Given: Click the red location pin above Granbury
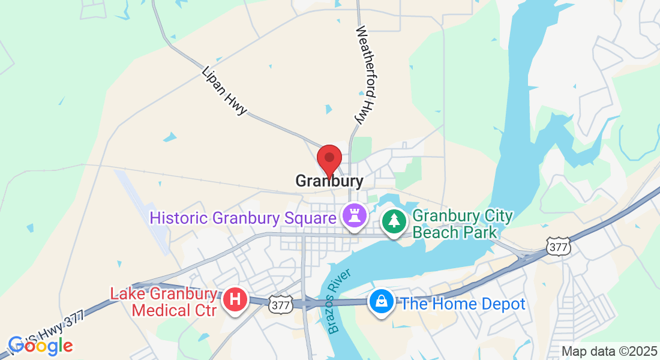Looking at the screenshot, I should point(329,160).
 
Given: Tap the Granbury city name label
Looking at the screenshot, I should point(329,181).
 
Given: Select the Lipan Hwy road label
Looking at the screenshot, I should point(224,91).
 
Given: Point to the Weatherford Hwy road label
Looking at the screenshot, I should point(365,75).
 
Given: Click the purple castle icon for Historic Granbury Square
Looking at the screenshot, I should point(353,216).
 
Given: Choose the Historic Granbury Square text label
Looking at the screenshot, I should point(242,217).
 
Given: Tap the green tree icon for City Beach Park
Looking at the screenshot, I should point(394,222).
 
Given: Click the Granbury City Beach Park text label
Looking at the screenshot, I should point(463,224).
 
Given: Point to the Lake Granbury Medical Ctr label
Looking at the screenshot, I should point(163,302).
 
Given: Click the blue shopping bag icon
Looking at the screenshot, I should point(381,302).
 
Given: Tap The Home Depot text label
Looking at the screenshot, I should point(463,304).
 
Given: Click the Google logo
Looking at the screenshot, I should point(40,346).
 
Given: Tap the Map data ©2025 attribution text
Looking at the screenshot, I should point(608,352).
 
